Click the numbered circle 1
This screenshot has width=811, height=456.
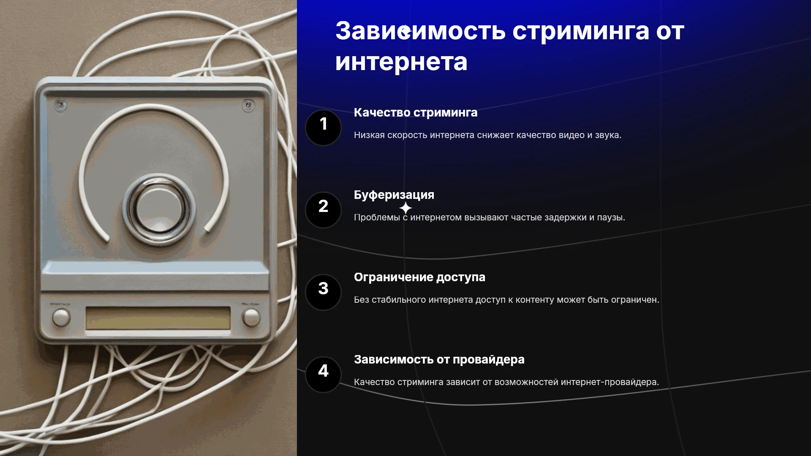pos(323,128)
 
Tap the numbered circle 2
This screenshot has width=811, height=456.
pos(323,210)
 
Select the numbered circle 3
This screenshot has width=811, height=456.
pos(323,292)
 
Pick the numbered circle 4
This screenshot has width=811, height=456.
pos(323,375)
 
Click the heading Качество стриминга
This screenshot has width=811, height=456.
pos(416,113)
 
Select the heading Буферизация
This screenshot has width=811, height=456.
pos(394,195)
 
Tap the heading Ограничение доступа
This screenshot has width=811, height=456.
pos(419,277)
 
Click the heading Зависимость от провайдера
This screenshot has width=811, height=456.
pos(439,360)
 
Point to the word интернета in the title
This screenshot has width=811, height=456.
pos(401,62)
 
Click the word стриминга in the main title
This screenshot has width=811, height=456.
pos(581,31)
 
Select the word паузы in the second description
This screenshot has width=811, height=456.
pos(611,218)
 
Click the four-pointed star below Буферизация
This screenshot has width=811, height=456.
pos(405,208)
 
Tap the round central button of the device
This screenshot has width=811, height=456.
pos(159,209)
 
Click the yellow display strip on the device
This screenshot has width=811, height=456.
pos(158,318)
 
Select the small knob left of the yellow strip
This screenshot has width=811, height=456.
pos(61,317)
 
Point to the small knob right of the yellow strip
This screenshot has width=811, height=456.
pos(251,318)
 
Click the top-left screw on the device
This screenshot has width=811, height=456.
pos(61,104)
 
